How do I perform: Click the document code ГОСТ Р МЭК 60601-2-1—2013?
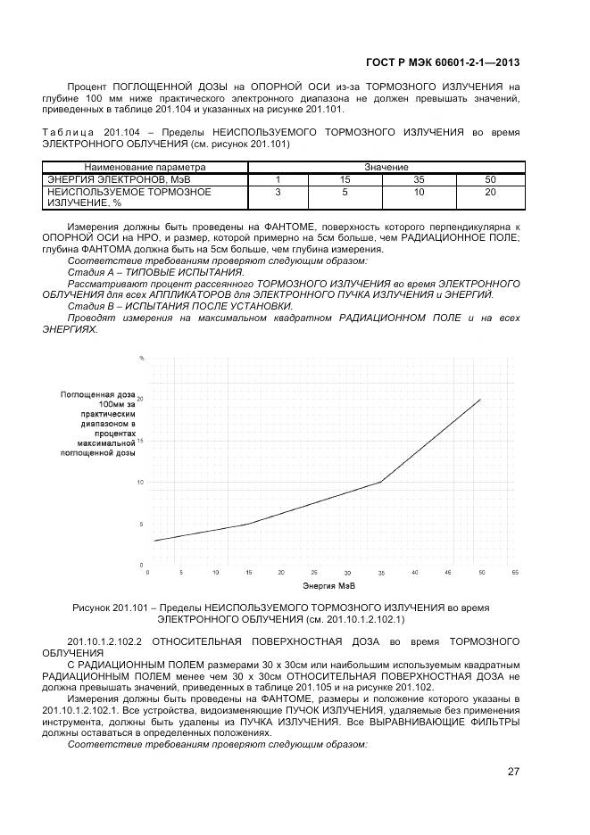pyautogui.click(x=443, y=62)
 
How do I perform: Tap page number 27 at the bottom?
pyautogui.click(x=513, y=772)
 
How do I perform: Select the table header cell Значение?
pyautogui.click(x=386, y=168)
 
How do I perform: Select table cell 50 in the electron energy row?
pyautogui.click(x=490, y=179)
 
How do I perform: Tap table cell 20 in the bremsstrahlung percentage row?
pyautogui.click(x=490, y=192)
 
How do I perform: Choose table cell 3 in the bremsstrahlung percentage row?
pyautogui.click(x=278, y=192)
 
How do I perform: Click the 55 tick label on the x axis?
pyautogui.click(x=514, y=572)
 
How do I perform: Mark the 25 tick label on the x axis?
pyautogui.click(x=314, y=572)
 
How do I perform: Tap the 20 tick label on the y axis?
pyautogui.click(x=140, y=399)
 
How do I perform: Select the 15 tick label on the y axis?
pyautogui.click(x=140, y=441)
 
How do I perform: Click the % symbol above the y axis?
pyautogui.click(x=141, y=359)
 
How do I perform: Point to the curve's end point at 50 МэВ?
pyautogui.click(x=481, y=399)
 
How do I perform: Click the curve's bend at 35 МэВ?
pyautogui.click(x=381, y=482)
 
